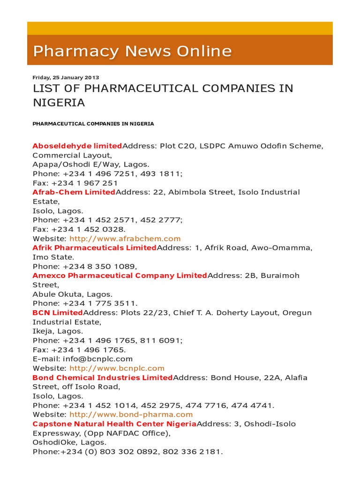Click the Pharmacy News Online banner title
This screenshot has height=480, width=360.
point(132,51)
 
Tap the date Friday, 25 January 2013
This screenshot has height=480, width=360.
point(66,77)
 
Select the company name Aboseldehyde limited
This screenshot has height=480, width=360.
point(77,146)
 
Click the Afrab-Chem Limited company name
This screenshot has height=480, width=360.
point(74,192)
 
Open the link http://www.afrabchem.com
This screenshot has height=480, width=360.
point(125,239)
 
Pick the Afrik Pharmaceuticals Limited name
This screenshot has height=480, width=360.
point(94,247)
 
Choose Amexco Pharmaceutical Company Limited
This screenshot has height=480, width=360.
point(120,276)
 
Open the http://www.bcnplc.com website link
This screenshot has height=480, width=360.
point(117,368)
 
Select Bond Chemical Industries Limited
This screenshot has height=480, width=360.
point(103,377)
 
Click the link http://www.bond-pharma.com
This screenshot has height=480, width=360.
point(131,414)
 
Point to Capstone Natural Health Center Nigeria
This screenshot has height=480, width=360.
point(114,424)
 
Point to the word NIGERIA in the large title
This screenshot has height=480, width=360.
point(59,103)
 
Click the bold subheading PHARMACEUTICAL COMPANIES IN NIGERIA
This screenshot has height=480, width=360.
point(93,124)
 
